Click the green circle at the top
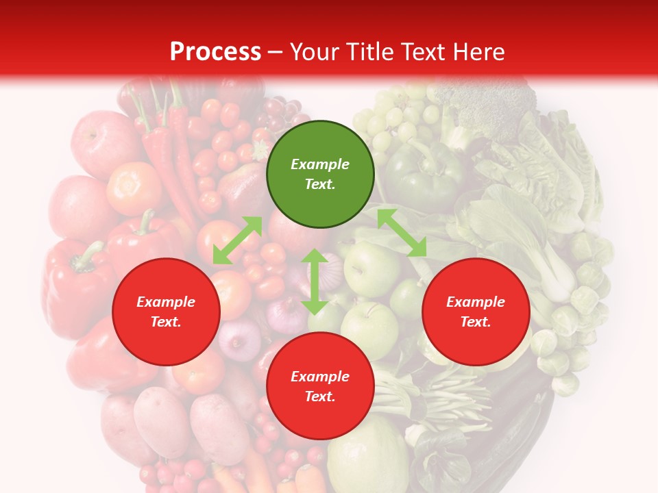coord(320,175)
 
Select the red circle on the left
coord(166,312)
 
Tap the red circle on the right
coord(476,312)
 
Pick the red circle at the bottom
coord(320,386)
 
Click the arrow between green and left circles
coord(237,240)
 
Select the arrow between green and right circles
coord(402,233)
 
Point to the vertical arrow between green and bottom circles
coord(315,281)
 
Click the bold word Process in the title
coord(215,52)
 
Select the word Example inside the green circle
coord(320,164)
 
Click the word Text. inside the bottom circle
coord(320,397)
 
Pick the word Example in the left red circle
coord(166,302)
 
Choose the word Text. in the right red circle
coord(476,323)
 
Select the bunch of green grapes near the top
coord(391,116)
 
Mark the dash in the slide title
coord(276,53)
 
